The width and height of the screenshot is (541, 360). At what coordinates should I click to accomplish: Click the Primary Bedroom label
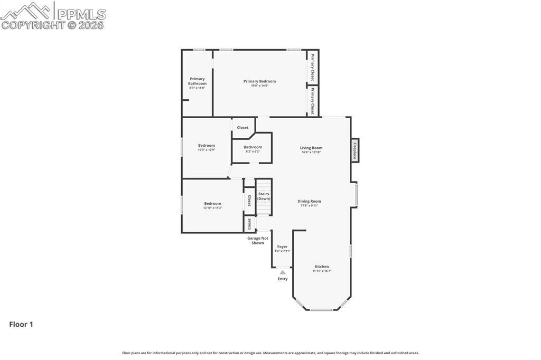click(x=259, y=81)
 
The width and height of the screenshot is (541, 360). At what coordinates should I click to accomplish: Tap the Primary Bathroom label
click(x=197, y=81)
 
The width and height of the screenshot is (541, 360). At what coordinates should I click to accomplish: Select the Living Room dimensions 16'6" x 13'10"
click(x=311, y=152)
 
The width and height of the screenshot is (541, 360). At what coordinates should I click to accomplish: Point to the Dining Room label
click(x=309, y=201)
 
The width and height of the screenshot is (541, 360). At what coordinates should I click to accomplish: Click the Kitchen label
click(x=322, y=267)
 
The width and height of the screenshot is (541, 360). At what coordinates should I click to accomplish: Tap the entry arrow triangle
click(x=283, y=272)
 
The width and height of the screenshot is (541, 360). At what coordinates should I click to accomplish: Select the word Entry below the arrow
click(x=283, y=279)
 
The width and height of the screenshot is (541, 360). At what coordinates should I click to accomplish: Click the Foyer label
click(x=282, y=247)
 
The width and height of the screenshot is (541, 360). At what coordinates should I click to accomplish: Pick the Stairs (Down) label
click(x=264, y=196)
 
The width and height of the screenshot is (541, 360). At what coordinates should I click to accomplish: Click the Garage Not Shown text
click(x=258, y=240)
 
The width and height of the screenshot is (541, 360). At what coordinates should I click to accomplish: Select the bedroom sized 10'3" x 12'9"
click(x=207, y=147)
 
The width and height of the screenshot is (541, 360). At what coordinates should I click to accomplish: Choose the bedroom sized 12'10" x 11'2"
click(x=212, y=205)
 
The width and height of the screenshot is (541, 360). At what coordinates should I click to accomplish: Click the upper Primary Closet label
click(x=313, y=67)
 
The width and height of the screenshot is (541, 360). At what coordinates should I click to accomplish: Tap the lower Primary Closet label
click(x=313, y=101)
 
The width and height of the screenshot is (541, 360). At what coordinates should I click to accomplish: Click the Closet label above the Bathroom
click(x=242, y=127)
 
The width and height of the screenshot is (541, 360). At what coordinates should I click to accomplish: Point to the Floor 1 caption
click(x=21, y=325)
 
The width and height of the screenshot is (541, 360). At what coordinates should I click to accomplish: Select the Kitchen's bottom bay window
click(x=321, y=310)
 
